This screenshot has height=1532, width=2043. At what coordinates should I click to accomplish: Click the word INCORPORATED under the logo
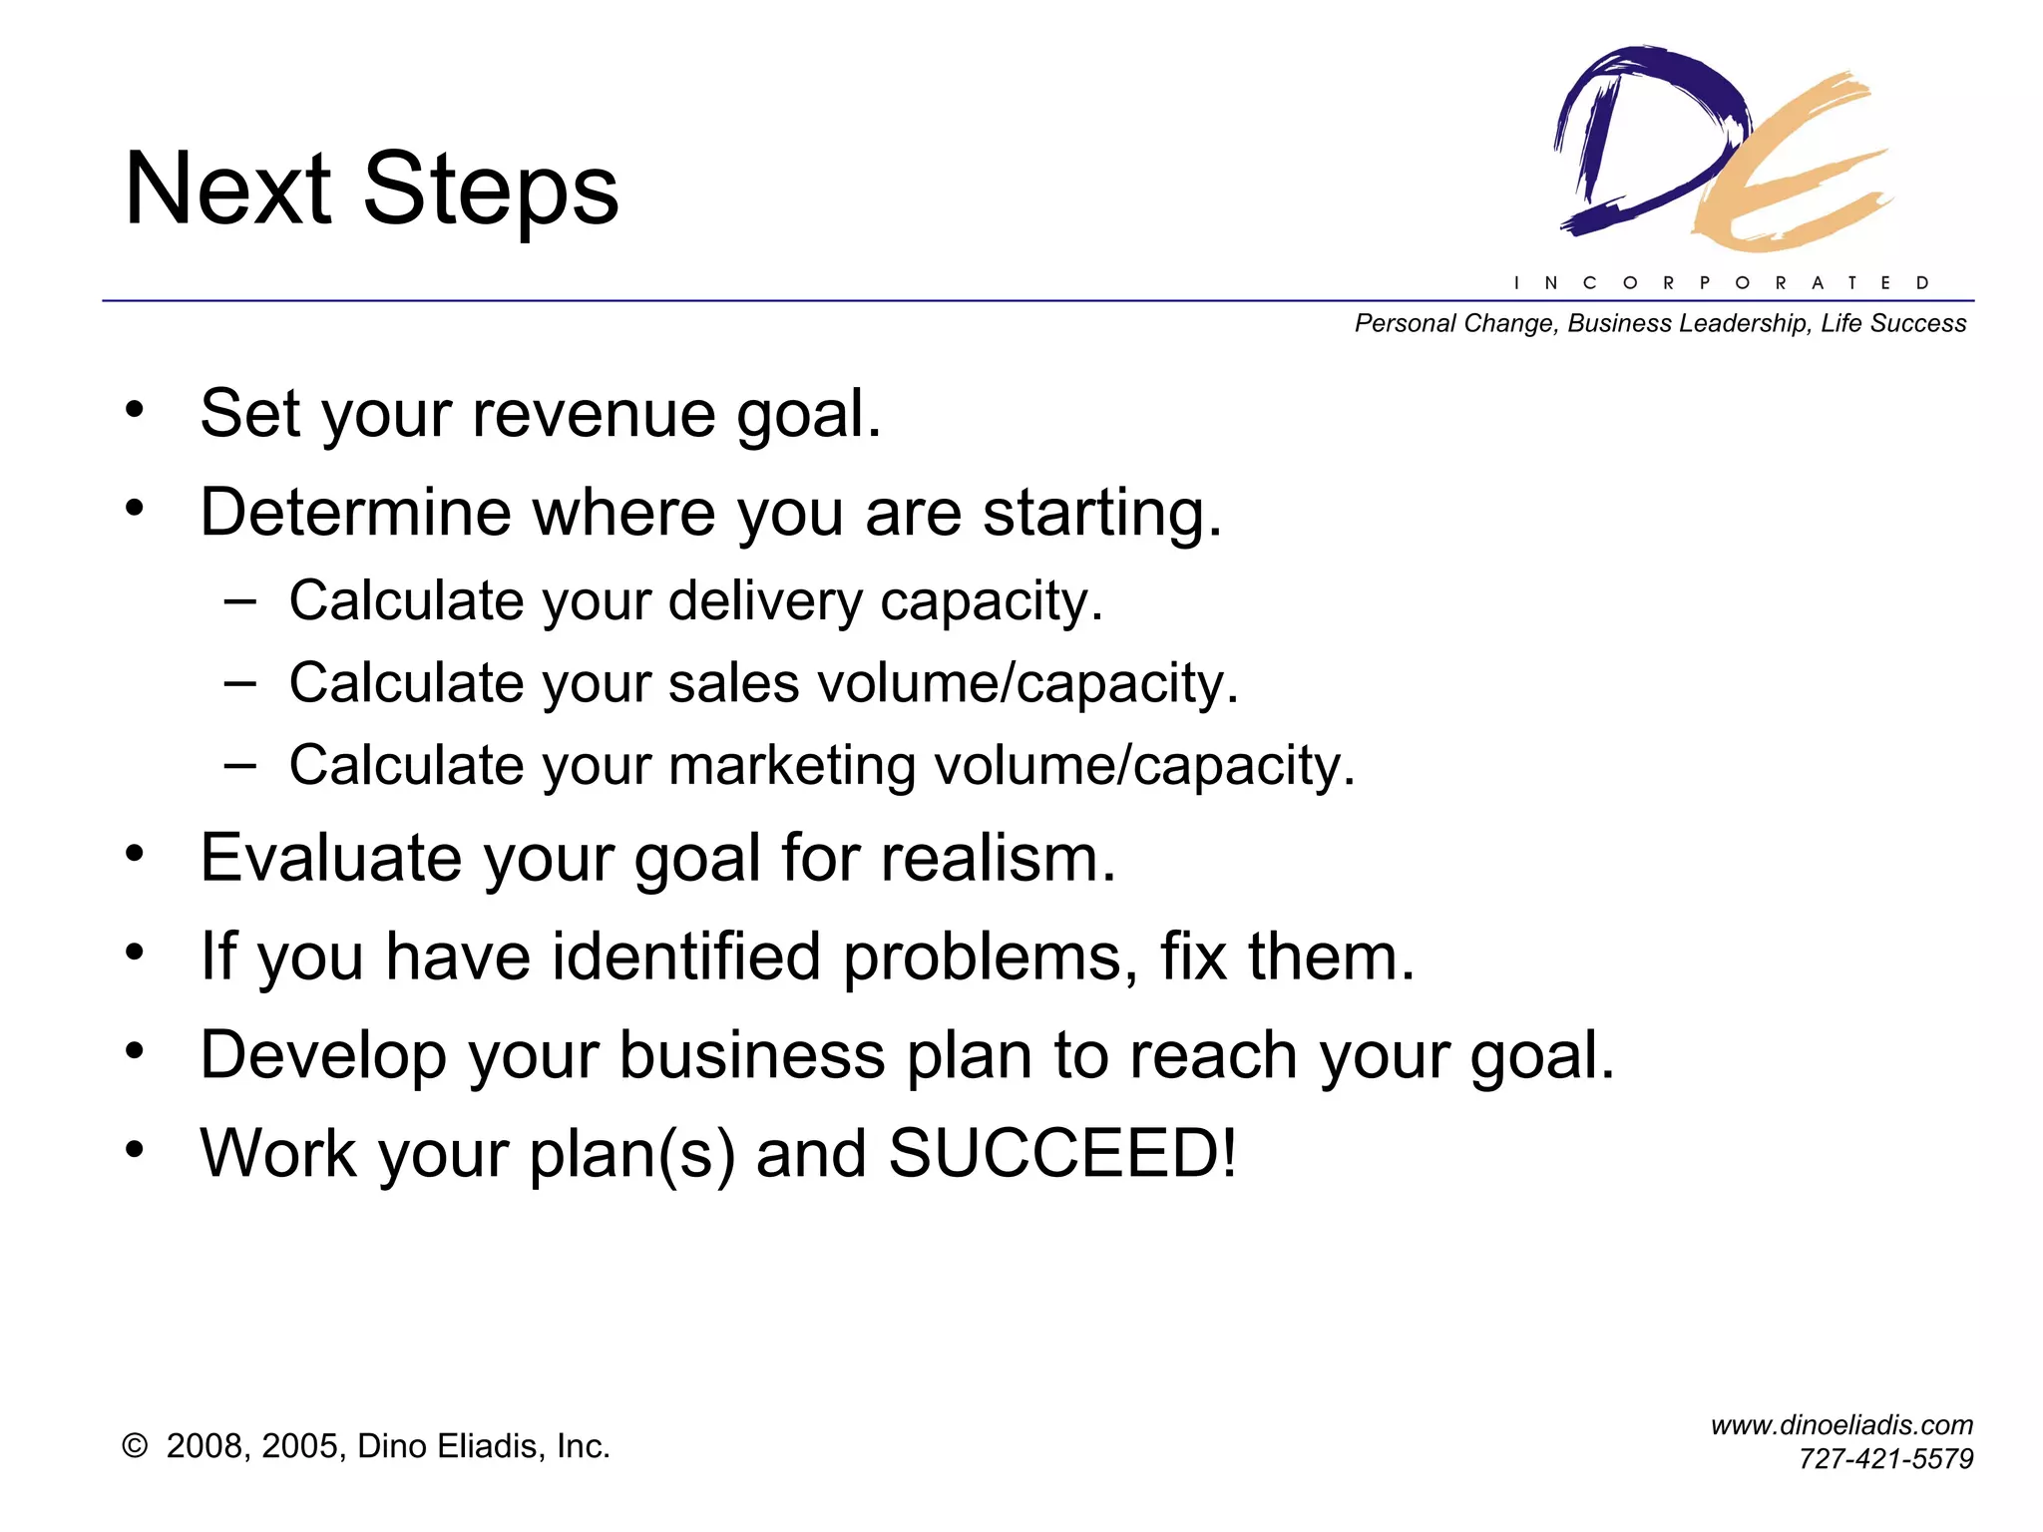[1722, 283]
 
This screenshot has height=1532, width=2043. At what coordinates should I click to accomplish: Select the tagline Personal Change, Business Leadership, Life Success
[1660, 324]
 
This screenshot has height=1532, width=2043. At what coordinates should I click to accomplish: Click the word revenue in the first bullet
[594, 414]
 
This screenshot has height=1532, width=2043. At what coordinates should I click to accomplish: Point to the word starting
[1101, 514]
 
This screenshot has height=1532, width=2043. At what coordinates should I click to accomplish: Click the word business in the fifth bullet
[751, 1055]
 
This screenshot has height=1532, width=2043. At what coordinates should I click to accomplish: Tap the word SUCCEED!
[1062, 1154]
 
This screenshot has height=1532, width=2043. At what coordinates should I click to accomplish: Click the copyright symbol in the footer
[135, 1446]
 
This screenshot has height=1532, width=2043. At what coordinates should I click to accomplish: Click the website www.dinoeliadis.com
[1841, 1425]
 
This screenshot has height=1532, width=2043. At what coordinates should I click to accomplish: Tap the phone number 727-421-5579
[1885, 1459]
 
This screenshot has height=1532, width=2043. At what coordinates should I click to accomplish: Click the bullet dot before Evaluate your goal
[135, 854]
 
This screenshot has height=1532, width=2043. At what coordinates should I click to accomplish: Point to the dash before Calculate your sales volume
[239, 684]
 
